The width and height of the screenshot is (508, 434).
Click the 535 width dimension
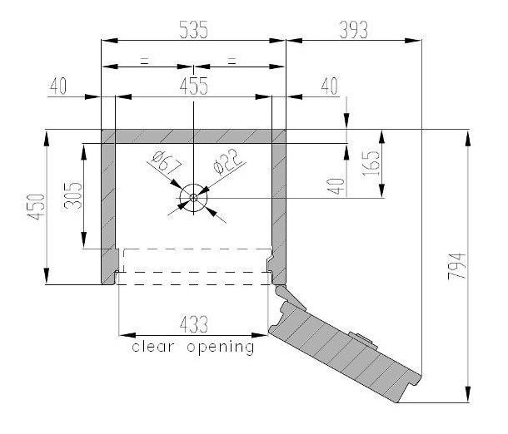[193, 29]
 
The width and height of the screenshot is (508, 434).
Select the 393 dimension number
[353, 30]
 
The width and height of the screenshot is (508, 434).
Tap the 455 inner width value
[194, 86]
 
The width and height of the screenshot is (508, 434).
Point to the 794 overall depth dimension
[457, 266]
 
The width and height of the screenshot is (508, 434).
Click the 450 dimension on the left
[36, 207]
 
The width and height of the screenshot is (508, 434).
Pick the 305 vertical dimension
[73, 195]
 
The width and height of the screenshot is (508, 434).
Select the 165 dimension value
[371, 163]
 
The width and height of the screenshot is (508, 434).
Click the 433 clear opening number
[194, 324]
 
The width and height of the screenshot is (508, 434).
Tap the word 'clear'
[153, 347]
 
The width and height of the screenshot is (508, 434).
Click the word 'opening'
[221, 348]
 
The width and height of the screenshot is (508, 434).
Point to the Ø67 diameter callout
[167, 161]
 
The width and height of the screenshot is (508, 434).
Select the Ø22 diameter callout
[227, 161]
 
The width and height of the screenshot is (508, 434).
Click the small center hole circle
[193, 197]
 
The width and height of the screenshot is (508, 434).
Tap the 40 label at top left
[58, 86]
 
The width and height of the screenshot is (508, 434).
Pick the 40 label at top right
[329, 86]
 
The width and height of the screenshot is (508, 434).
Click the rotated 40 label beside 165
[336, 186]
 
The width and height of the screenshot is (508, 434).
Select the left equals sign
[144, 61]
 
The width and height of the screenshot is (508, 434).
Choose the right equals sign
[232, 61]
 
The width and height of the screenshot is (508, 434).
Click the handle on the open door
[363, 340]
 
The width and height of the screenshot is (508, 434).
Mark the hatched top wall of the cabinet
[193, 136]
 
